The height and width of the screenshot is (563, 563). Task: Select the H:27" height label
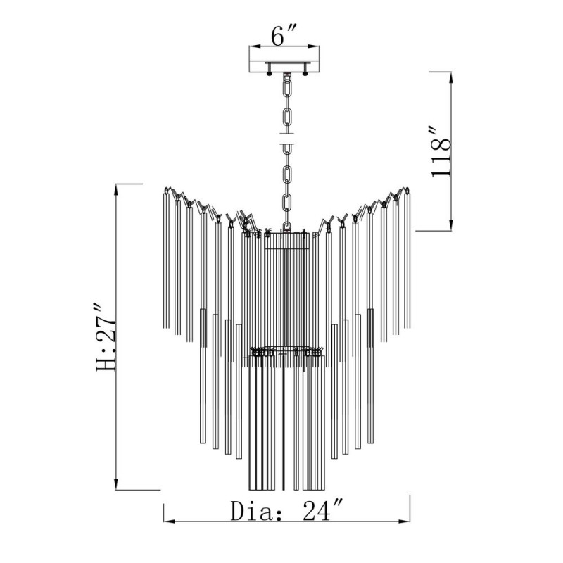point(106,337)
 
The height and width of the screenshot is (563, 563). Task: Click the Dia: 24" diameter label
point(286,510)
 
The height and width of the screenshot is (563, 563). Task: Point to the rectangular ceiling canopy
point(284,59)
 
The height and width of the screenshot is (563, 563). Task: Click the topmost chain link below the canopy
point(287,87)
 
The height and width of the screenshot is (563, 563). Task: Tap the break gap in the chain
point(287,139)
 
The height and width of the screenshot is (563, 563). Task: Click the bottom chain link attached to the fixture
point(286,226)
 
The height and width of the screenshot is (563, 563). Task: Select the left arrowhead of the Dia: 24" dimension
point(169,521)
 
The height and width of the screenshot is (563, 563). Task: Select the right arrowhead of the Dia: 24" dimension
point(404,521)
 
